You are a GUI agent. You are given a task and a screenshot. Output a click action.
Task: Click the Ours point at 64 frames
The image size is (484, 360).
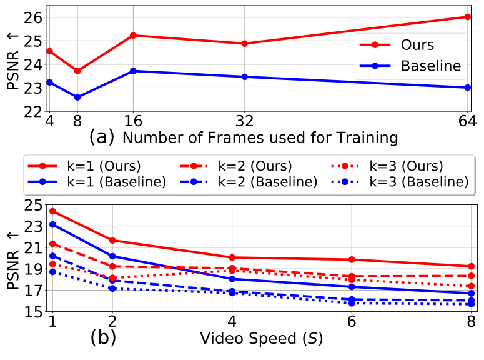468,17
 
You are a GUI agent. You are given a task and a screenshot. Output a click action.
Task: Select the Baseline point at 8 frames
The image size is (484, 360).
77,97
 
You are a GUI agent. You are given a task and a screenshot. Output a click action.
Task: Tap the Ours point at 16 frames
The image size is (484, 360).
133,36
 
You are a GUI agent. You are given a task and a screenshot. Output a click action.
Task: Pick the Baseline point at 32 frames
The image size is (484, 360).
244,77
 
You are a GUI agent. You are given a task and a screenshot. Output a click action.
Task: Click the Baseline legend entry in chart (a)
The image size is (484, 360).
410,66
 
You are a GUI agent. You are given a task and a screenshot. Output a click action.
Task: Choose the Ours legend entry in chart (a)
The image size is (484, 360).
397,45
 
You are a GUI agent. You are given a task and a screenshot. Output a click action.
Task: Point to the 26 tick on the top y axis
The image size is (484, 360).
32,17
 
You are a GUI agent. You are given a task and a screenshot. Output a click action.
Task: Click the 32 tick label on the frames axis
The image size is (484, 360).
244,121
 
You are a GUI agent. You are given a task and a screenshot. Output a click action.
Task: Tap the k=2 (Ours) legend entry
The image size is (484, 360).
236,166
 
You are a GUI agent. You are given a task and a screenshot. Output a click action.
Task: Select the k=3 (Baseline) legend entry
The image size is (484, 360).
400,182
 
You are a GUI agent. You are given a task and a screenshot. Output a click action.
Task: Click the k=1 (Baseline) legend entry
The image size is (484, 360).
97,182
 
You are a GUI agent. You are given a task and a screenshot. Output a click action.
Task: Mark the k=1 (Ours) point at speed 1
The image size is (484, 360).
52,211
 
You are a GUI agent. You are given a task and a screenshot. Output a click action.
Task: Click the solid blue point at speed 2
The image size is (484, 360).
112,256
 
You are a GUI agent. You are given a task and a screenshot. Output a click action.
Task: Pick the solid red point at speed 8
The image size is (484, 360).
471,266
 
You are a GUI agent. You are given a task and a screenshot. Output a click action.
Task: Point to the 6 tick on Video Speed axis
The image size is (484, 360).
352,322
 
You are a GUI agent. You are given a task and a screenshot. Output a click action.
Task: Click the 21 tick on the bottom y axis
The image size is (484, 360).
32,247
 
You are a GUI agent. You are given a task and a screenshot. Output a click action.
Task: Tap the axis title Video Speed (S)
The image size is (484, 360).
262,338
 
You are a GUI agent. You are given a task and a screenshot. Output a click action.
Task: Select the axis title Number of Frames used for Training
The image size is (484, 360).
260,137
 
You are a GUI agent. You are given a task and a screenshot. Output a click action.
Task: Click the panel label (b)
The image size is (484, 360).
103,337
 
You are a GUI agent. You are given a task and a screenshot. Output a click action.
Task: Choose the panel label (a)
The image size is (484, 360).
102,137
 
